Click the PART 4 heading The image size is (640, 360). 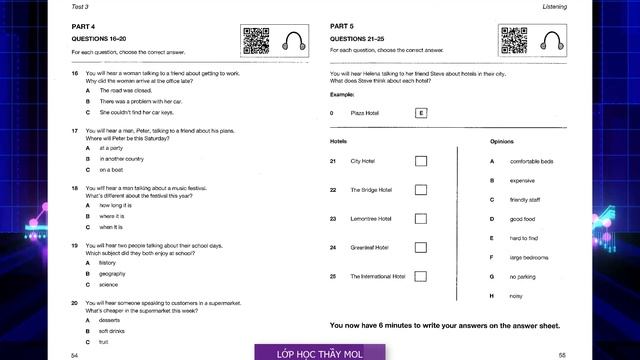click(x=82, y=26)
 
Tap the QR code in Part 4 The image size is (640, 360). click(x=255, y=41)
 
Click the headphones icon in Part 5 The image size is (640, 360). click(x=551, y=40)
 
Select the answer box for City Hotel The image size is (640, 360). click(x=420, y=161)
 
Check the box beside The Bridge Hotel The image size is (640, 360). click(x=420, y=190)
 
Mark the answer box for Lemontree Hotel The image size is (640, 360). click(x=420, y=218)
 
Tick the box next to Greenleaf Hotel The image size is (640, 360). click(x=420, y=247)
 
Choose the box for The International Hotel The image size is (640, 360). click(x=420, y=276)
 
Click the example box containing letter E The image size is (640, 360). click(x=421, y=113)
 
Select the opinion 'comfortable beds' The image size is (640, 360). click(x=531, y=161)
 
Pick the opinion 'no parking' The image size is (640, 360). click(x=523, y=276)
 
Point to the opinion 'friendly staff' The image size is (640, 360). click(x=525, y=200)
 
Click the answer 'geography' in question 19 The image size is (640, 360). click(x=112, y=273)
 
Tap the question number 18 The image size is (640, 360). click(x=75, y=188)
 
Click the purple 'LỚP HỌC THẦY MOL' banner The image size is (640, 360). click(x=319, y=352)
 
